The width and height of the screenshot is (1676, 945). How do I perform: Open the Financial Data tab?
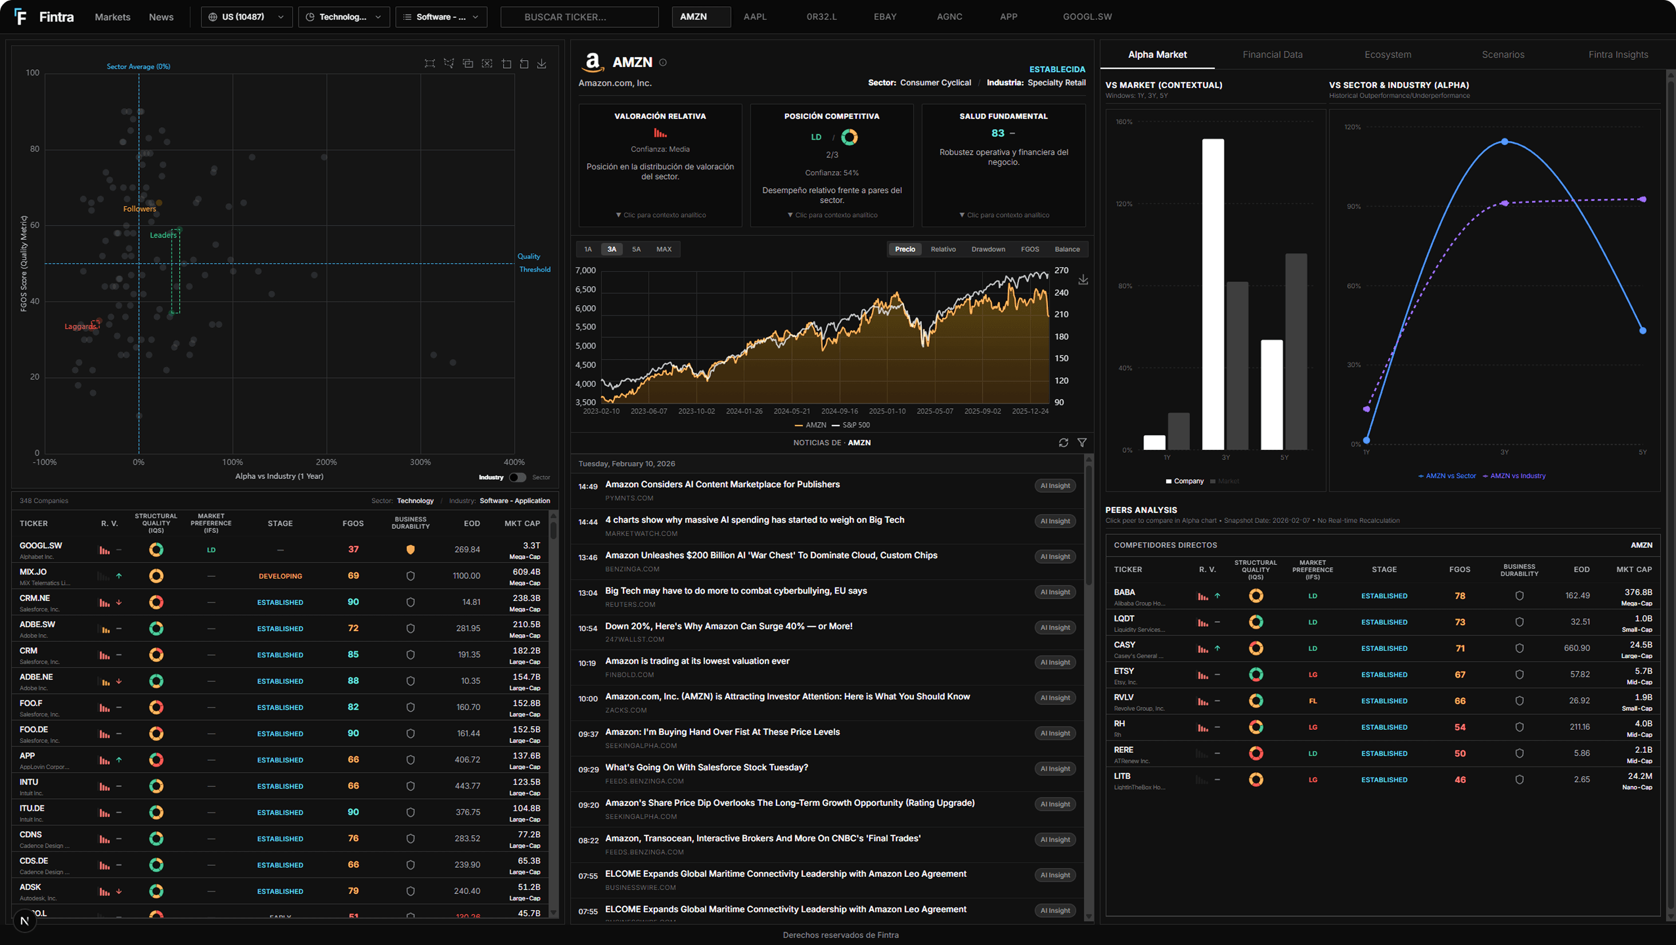(x=1272, y=54)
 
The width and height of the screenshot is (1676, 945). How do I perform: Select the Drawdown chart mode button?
(x=988, y=249)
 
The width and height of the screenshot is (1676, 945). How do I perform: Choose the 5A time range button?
(x=636, y=249)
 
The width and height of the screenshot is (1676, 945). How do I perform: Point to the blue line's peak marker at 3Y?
(x=1504, y=142)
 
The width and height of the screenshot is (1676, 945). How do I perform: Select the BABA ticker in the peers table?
(x=1124, y=592)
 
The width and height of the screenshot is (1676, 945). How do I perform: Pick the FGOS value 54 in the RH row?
(x=1460, y=727)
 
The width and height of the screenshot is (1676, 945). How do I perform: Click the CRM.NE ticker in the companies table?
(x=34, y=598)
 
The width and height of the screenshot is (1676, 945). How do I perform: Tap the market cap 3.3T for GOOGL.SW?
(x=531, y=545)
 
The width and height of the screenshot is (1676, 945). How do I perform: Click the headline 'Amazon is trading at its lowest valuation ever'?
(x=697, y=661)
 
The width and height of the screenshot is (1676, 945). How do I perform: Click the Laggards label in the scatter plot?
(x=80, y=326)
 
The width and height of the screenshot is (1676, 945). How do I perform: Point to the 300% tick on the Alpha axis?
(x=420, y=462)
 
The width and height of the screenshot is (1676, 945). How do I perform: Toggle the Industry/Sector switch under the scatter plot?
(x=517, y=477)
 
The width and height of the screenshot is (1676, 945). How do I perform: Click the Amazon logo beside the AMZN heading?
(x=592, y=62)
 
